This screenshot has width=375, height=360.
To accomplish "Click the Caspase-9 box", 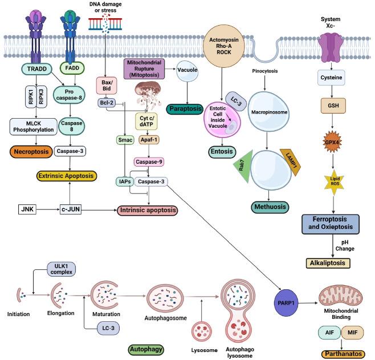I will pyautogui.click(x=149, y=162).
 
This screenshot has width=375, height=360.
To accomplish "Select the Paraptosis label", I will pyautogui.click(x=184, y=108).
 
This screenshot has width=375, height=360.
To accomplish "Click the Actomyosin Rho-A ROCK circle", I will pyautogui.click(x=226, y=43).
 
